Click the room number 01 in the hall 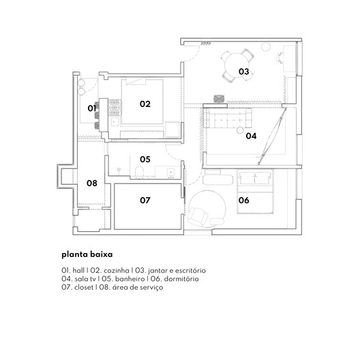pyautogui.click(x=91, y=108)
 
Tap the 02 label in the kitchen pyautogui.click(x=145, y=104)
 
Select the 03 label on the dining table pyautogui.click(x=244, y=72)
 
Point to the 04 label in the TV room pyautogui.click(x=251, y=136)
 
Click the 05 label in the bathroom pyautogui.click(x=145, y=160)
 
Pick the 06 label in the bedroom pyautogui.click(x=244, y=200)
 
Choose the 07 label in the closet pyautogui.click(x=145, y=200)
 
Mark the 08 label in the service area pyautogui.click(x=92, y=183)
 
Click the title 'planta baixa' pyautogui.click(x=87, y=254)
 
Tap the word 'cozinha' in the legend pyautogui.click(x=116, y=271)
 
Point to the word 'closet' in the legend pyautogui.click(x=84, y=288)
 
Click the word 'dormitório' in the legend pyautogui.click(x=181, y=279)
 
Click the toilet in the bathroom pyautogui.click(x=139, y=172)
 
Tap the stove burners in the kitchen pyautogui.click(x=115, y=108)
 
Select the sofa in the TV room pyautogui.click(x=228, y=118)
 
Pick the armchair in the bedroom pyautogui.click(x=198, y=216)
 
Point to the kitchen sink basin pyautogui.click(x=115, y=121)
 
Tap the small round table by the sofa pyautogui.click(x=240, y=130)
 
